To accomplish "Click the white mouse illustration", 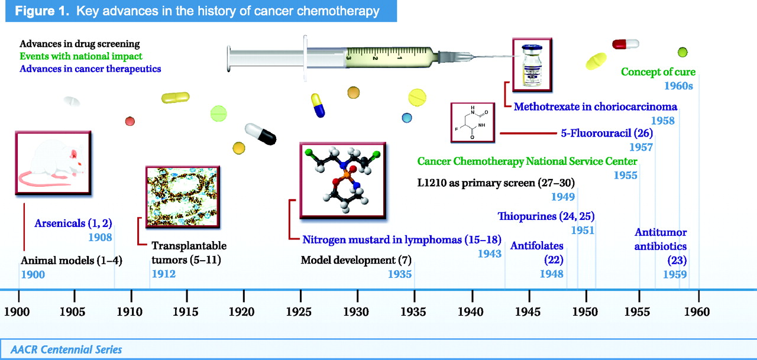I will point(53,163).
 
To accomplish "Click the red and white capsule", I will point(626,44).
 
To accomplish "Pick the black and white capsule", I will point(261,134).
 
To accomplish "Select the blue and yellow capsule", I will point(318,105).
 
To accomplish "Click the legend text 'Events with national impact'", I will point(81,56).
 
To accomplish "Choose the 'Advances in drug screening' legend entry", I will point(80,44).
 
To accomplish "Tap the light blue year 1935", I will point(400,274).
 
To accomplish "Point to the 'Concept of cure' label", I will point(658,72).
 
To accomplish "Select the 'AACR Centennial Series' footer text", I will point(66,349).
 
